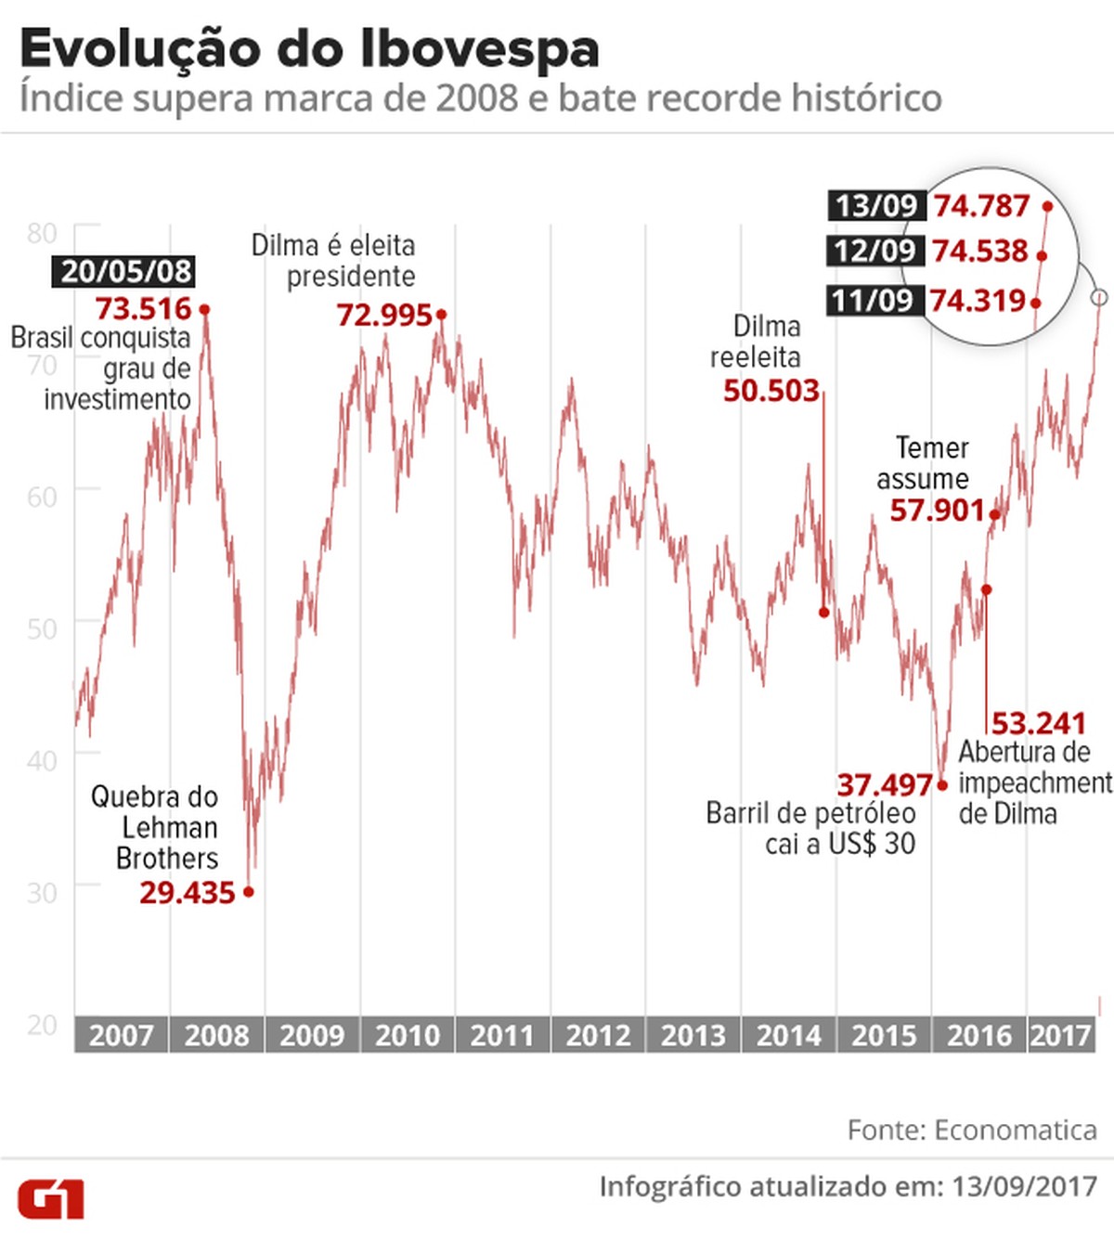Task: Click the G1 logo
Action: coord(51,1198)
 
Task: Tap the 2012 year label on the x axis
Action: coord(598,1035)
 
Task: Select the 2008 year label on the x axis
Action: coord(216,1035)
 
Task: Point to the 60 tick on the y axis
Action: coord(42,497)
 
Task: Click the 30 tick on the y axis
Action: coord(42,893)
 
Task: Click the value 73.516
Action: coord(143,309)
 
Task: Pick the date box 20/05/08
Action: coord(126,271)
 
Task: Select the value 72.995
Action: coord(384,316)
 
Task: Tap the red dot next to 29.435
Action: coord(248,892)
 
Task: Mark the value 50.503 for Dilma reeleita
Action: coord(771,391)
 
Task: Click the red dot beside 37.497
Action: coord(942,785)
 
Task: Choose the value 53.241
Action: coord(1038,723)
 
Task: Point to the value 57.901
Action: coord(937,511)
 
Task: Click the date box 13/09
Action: coord(875,205)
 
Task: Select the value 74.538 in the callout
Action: coord(980,252)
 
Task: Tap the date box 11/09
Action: coord(873,301)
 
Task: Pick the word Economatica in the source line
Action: coord(1016,1130)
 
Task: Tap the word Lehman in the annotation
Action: coord(170,827)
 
